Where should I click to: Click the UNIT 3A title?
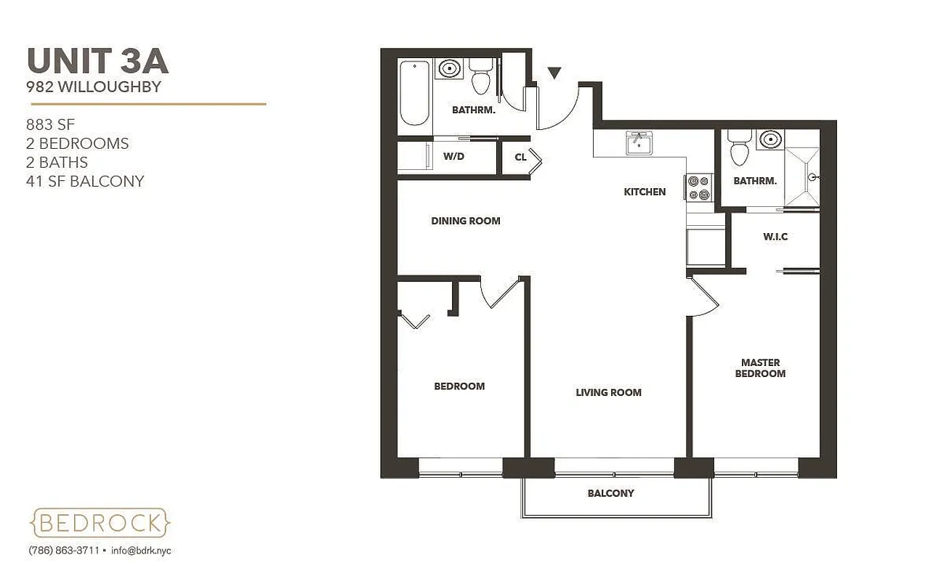(x=97, y=61)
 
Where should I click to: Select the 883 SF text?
(x=50, y=124)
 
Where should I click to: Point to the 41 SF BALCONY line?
(x=84, y=181)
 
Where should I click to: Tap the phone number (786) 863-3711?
(x=64, y=550)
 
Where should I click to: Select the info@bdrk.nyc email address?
(x=141, y=550)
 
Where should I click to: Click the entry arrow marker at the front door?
(x=554, y=73)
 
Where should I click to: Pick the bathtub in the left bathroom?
(x=414, y=93)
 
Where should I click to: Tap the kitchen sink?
(x=639, y=142)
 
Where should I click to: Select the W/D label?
(x=455, y=156)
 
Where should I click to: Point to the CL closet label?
(x=520, y=157)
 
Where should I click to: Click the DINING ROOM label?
(x=466, y=221)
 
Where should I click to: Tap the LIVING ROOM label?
(x=608, y=392)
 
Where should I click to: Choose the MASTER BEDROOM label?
(x=760, y=367)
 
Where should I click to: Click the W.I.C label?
(x=775, y=237)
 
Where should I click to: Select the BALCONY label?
(x=610, y=493)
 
